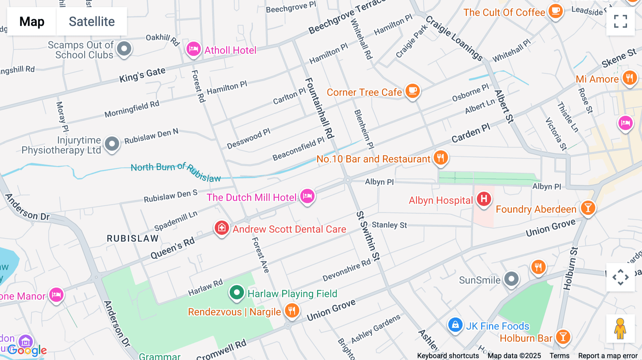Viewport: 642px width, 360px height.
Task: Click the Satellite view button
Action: click(92, 21)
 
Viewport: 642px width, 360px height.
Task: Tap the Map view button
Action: click(32, 21)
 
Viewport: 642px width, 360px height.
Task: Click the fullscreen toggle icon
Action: click(620, 21)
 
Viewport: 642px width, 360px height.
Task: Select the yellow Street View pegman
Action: click(620, 329)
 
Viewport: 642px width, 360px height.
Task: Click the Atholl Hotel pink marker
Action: click(193, 49)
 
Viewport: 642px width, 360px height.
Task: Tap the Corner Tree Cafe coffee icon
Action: click(413, 91)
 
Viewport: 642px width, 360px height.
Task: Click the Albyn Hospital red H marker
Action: click(484, 199)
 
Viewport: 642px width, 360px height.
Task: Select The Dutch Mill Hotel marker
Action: click(307, 196)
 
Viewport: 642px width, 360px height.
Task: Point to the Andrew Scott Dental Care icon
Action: click(221, 228)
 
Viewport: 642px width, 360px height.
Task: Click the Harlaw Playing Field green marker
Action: click(236, 293)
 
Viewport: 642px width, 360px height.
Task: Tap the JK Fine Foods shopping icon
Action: click(455, 325)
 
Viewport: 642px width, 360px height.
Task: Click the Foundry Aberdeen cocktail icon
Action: click(588, 208)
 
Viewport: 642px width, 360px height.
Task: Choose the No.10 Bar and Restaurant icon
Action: click(440, 158)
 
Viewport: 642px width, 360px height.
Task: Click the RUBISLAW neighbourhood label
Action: click(133, 238)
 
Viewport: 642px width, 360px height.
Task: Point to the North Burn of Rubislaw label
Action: click(175, 171)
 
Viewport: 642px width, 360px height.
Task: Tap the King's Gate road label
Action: click(142, 75)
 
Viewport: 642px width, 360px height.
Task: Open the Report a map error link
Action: click(608, 356)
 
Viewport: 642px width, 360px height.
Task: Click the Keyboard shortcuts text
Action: click(448, 356)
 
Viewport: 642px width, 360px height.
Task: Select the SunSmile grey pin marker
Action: click(511, 279)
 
